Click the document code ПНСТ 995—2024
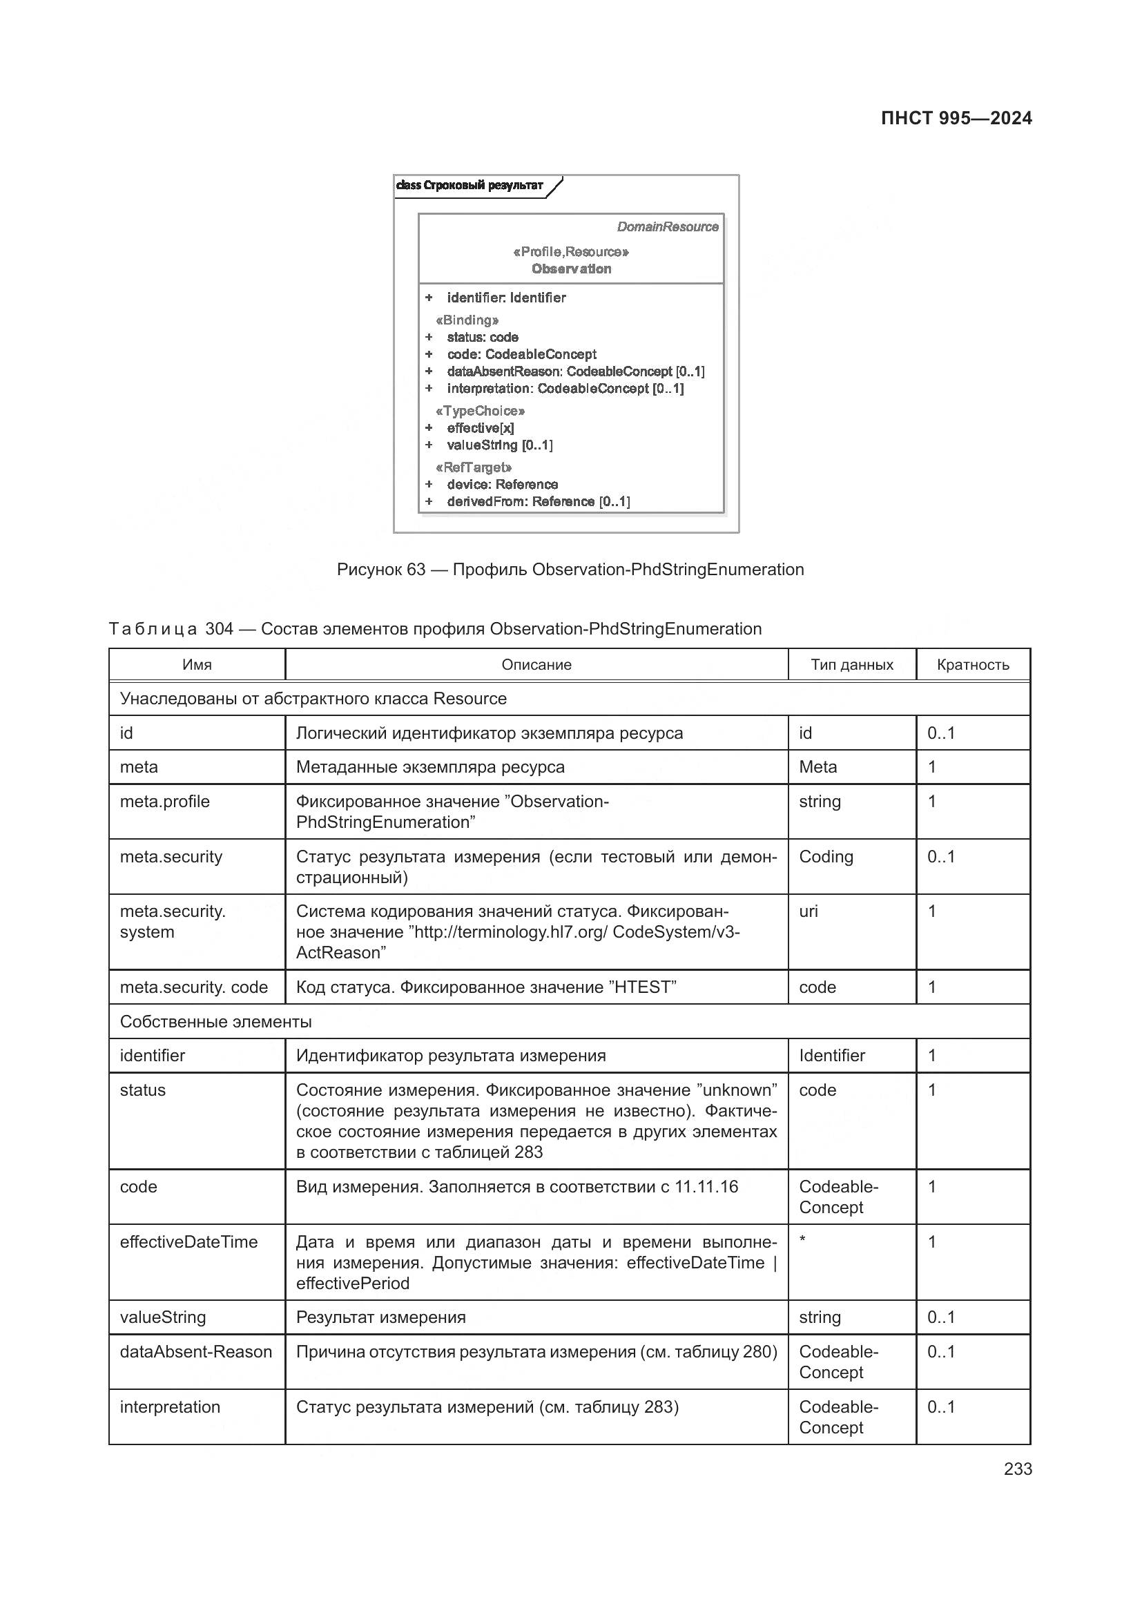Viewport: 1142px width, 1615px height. click(956, 118)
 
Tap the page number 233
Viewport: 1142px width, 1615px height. click(1017, 1469)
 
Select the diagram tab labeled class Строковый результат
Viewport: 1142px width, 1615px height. click(470, 186)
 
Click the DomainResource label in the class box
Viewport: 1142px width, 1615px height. click(668, 226)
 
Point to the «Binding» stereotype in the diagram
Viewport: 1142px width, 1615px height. click(467, 320)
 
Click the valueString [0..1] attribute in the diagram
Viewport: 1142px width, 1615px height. click(499, 445)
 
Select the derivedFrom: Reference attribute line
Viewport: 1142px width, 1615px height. click(538, 501)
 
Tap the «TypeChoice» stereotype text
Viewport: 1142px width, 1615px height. click(481, 411)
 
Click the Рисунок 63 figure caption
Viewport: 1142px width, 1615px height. click(570, 570)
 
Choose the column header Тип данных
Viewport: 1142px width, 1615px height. click(851, 665)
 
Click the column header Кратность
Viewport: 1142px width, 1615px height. click(973, 665)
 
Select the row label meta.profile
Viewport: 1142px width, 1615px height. click(164, 802)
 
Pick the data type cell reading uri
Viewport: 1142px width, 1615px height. click(809, 911)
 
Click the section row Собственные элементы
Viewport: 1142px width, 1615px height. click(216, 1021)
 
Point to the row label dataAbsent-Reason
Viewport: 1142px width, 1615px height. click(195, 1352)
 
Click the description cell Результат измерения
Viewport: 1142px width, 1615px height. click(380, 1317)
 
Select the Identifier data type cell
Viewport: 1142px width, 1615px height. click(832, 1056)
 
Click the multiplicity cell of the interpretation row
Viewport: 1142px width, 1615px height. click(941, 1406)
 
